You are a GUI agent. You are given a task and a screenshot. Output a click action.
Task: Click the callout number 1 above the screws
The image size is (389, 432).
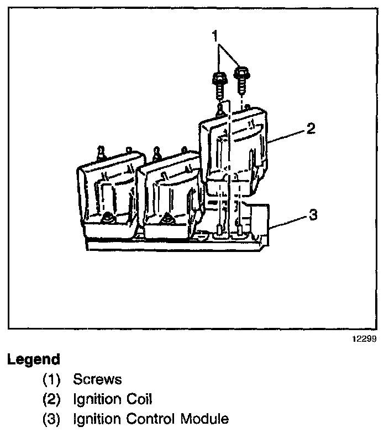(215, 37)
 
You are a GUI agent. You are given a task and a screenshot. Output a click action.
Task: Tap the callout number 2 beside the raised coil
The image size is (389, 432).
(311, 128)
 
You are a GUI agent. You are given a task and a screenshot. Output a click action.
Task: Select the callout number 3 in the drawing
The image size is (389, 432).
(312, 215)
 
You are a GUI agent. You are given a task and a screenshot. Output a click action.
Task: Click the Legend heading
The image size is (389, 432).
(33, 359)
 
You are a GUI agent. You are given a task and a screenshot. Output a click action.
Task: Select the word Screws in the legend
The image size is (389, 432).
(97, 379)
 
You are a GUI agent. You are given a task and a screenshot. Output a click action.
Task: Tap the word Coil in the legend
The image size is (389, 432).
(139, 398)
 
